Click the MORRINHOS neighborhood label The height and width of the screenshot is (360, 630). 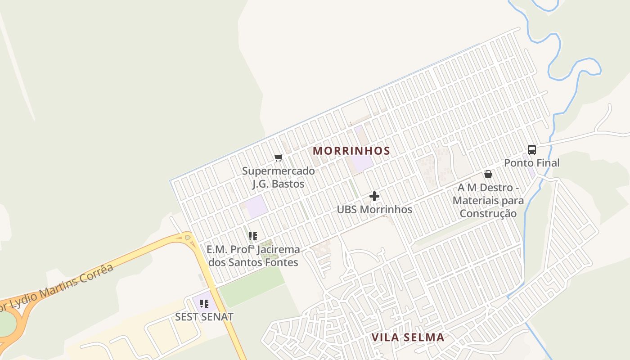[351, 151]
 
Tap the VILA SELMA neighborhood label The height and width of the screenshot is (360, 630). [408, 337]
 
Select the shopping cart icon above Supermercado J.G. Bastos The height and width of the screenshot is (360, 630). [278, 158]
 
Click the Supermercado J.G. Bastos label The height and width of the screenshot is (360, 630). [279, 177]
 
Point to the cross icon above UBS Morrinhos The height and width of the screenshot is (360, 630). [374, 196]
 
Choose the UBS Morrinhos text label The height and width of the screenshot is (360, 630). [374, 210]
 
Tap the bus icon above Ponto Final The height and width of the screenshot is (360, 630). [531, 150]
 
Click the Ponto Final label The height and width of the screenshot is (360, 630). [531, 163]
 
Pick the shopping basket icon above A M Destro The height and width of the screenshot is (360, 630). [488, 174]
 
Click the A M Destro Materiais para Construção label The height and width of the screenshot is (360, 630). [488, 200]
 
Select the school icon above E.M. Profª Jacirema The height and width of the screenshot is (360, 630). [253, 236]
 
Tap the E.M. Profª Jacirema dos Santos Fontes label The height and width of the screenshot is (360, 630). [253, 256]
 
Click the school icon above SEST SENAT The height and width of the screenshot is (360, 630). [204, 304]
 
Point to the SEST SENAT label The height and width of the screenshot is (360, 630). [204, 317]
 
